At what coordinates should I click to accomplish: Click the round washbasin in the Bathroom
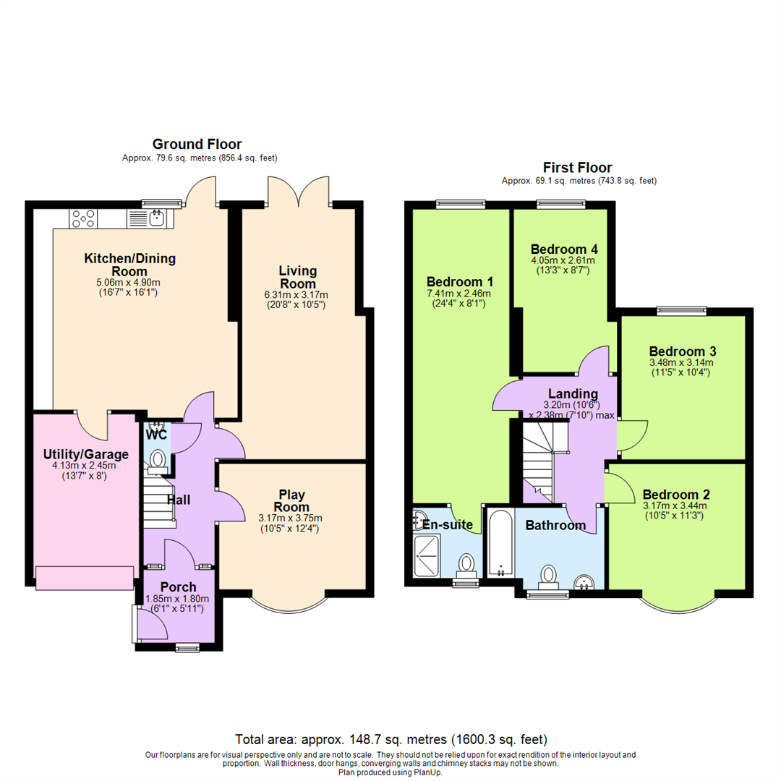(584, 581)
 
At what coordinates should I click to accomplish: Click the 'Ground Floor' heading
(197, 145)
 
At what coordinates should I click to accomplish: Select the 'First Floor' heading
(579, 168)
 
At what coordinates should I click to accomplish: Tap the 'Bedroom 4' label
(563, 248)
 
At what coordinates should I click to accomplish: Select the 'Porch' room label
(179, 586)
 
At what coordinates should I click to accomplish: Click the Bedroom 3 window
(681, 311)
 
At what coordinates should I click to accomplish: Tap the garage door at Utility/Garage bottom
(85, 578)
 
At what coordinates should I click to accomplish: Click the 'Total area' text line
(390, 740)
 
